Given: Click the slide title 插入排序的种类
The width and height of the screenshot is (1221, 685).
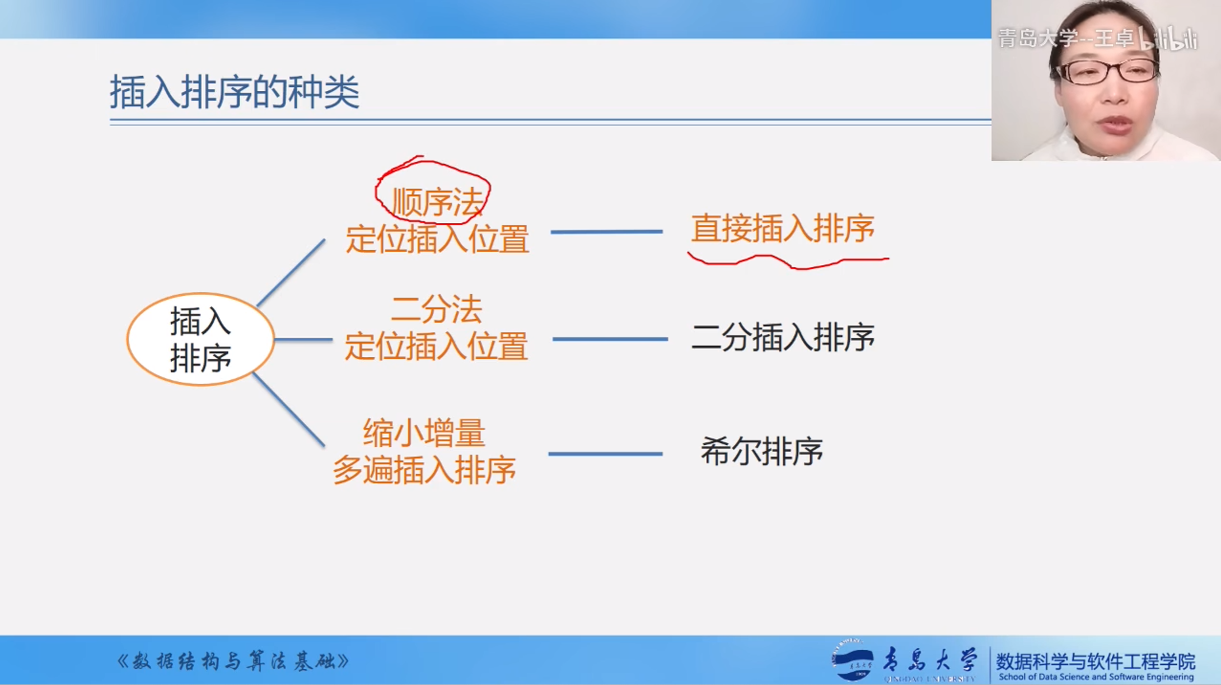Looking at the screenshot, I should (x=235, y=92).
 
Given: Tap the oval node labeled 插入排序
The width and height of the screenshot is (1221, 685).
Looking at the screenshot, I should (x=200, y=339).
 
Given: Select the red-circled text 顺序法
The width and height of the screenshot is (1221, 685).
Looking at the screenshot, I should (x=437, y=202).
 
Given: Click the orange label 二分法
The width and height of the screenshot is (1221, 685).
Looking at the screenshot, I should (x=437, y=309).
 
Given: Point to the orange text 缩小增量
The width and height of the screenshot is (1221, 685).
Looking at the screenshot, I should (x=424, y=433).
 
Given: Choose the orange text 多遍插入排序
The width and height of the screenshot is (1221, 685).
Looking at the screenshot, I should (x=424, y=469).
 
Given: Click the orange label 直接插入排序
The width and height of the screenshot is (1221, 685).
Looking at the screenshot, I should (x=783, y=229).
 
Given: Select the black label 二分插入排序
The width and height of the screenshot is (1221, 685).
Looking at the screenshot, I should (x=783, y=337).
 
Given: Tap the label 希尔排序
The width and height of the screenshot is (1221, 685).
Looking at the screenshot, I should (x=761, y=451).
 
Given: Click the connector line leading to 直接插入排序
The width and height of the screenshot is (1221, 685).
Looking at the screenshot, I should (x=607, y=231).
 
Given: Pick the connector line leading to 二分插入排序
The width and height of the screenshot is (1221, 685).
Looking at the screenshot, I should (x=610, y=339).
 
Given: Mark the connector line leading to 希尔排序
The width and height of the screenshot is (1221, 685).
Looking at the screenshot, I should (x=605, y=454).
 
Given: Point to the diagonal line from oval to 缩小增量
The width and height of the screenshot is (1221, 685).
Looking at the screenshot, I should (x=289, y=411).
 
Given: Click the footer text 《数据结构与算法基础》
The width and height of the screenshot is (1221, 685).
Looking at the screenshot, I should (x=233, y=661).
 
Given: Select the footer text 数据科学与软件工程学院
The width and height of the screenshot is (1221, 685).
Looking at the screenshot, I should (x=1096, y=661).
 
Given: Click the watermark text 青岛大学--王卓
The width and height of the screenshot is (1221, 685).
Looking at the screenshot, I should (x=1066, y=38).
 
